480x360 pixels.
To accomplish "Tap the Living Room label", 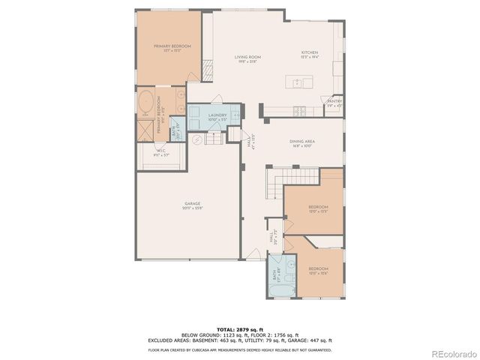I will [x=247, y=58].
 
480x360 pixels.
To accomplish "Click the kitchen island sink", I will [x=298, y=82].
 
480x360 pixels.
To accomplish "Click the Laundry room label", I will [x=207, y=117].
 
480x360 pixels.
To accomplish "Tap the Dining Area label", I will [x=301, y=143].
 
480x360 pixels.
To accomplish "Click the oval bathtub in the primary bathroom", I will [x=145, y=102].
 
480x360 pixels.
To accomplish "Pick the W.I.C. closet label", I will [x=162, y=153].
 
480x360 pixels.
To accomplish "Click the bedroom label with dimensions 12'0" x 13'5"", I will [x=318, y=209].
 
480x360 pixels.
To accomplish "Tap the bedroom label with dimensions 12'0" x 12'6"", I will [x=318, y=270].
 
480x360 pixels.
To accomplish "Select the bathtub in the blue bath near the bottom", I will [x=283, y=290].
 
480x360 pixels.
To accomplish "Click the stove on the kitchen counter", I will [x=301, y=110].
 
